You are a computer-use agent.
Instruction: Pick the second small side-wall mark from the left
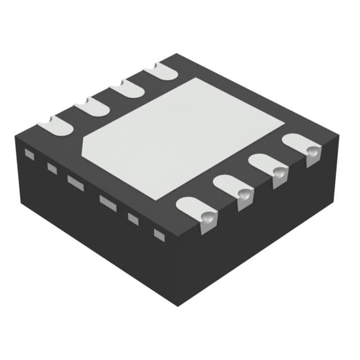(x=52, y=167)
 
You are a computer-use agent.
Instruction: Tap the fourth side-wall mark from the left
(x=107, y=202)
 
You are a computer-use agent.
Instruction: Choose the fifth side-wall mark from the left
(x=133, y=219)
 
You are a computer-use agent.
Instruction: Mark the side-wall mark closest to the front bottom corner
(x=159, y=233)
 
